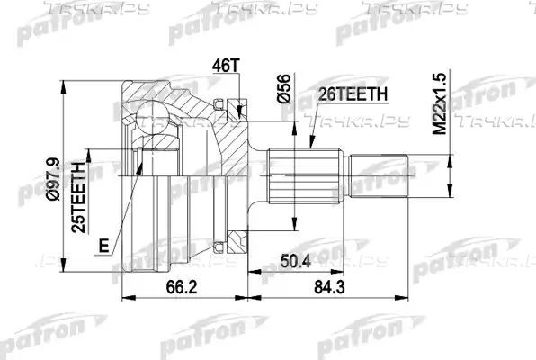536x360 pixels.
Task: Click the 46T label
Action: [226, 66]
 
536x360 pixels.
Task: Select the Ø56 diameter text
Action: [284, 88]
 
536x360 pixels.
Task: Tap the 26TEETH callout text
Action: [353, 94]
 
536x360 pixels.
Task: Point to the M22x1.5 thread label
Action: [440, 103]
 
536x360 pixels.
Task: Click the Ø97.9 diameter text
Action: [53, 179]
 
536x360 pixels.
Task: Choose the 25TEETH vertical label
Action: [78, 197]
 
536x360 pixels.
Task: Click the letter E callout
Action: [104, 245]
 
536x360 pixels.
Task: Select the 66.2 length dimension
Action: [182, 287]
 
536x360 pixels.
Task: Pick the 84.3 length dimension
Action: [329, 287]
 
